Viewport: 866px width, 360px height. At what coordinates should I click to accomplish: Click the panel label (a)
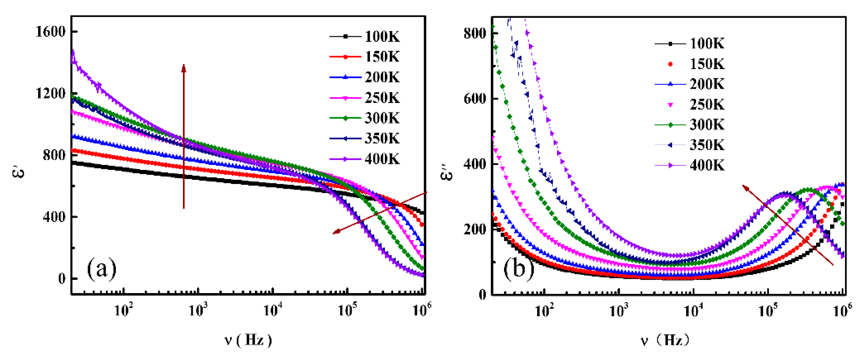coord(102,269)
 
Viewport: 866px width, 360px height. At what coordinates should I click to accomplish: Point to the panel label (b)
coord(518,269)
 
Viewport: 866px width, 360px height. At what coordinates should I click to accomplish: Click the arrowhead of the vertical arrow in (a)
coord(184,67)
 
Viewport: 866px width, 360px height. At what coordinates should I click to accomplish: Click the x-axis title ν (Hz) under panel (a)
coord(248,340)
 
